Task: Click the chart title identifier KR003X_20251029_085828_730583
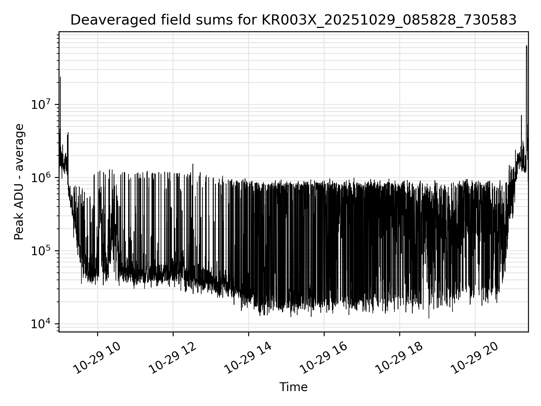click(389, 20)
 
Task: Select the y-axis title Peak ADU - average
click(19, 182)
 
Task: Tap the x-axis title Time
click(293, 387)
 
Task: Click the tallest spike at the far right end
click(526, 46)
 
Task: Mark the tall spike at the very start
click(60, 77)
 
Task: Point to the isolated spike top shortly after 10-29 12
click(193, 164)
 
